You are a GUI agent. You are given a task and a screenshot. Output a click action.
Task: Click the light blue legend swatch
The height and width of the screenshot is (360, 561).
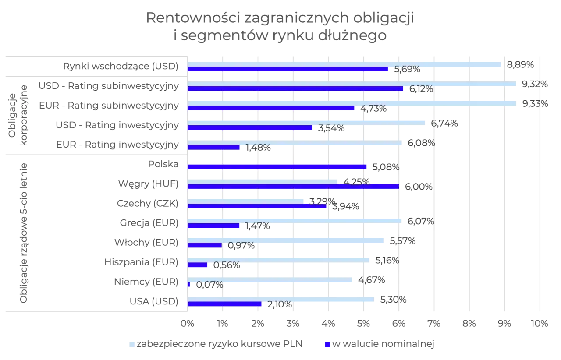point(131,345)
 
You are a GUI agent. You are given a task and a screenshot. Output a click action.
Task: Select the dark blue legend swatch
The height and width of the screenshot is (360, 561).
point(327,345)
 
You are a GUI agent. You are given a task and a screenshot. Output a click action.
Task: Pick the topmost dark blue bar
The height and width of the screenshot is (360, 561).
point(288,69)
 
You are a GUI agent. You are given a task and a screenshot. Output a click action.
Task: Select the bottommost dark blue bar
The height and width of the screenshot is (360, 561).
point(225,304)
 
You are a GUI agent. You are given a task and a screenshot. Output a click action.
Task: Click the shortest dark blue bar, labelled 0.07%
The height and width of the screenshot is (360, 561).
point(189,285)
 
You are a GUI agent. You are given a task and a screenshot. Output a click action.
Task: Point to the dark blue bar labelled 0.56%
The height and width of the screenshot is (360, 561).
point(198,265)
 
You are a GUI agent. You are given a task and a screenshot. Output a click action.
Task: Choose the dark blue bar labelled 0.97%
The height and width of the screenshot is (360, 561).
point(205,245)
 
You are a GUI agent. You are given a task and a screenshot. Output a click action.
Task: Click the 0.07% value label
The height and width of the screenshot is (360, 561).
point(209,285)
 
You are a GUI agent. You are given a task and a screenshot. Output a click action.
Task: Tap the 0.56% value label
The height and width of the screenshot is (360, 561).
point(227,265)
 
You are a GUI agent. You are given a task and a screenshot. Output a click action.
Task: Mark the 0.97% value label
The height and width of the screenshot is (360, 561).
point(241,245)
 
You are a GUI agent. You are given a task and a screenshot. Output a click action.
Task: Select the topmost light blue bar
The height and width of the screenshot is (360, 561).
point(344,64)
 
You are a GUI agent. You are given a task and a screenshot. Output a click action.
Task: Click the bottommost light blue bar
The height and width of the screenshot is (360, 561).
point(281,299)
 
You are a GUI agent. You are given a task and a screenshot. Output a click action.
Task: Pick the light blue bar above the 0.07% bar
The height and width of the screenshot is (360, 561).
point(271,279)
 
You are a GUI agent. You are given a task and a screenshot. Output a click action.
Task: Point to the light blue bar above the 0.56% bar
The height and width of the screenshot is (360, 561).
point(280,260)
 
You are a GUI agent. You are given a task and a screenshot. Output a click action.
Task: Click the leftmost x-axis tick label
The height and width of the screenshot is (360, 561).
point(188,324)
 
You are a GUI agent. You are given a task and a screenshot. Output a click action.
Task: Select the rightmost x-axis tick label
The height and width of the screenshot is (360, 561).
point(540,324)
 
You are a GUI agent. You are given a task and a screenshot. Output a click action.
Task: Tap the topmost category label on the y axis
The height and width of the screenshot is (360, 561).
point(121,66)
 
